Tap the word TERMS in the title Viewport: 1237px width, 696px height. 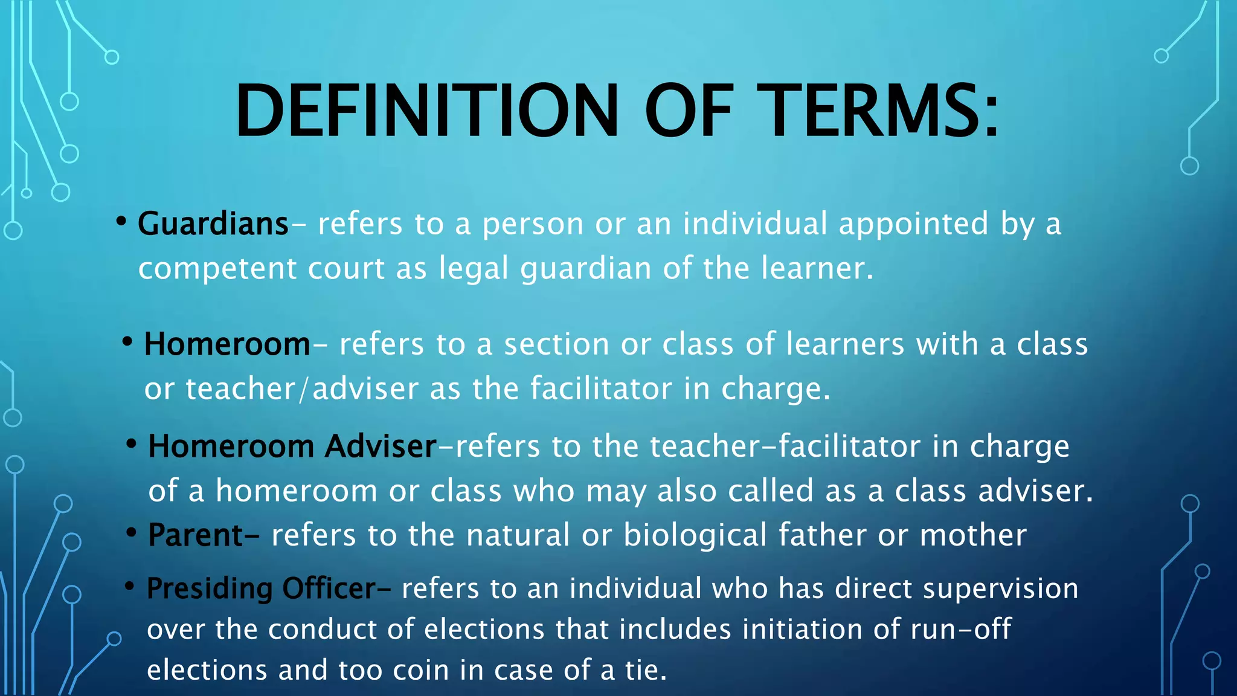[x=870, y=112]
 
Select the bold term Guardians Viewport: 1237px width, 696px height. [x=213, y=224]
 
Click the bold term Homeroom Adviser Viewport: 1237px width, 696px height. [x=292, y=446]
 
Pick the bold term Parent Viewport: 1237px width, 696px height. [x=196, y=535]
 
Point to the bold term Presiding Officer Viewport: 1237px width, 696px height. [x=262, y=588]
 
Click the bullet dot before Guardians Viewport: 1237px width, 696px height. [x=121, y=222]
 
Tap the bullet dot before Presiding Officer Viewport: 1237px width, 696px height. [x=129, y=586]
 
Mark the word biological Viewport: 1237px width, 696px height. [x=695, y=535]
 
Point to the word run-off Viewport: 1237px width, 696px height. [x=960, y=630]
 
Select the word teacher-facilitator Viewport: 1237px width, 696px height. [x=784, y=446]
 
